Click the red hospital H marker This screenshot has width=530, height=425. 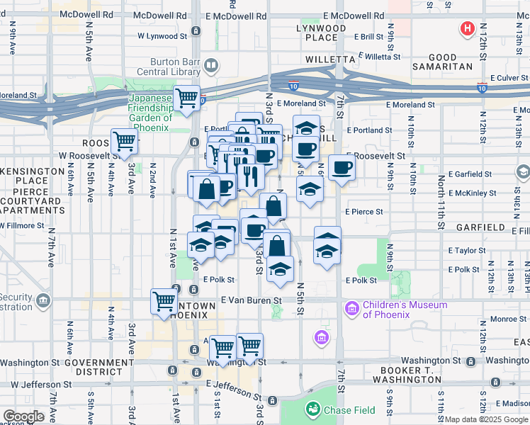pos(468,29)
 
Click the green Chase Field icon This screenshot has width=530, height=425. pos(312,409)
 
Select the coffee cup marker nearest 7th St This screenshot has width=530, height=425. pos(343,168)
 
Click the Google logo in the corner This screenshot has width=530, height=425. pos(24,416)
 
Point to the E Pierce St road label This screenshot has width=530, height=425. pos(364,211)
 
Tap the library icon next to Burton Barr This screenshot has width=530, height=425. pos(211,66)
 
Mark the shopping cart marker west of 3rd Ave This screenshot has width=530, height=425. pos(125,142)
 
